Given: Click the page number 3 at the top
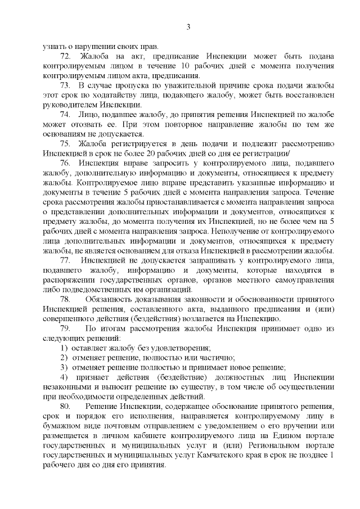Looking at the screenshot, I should tap(188, 26).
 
